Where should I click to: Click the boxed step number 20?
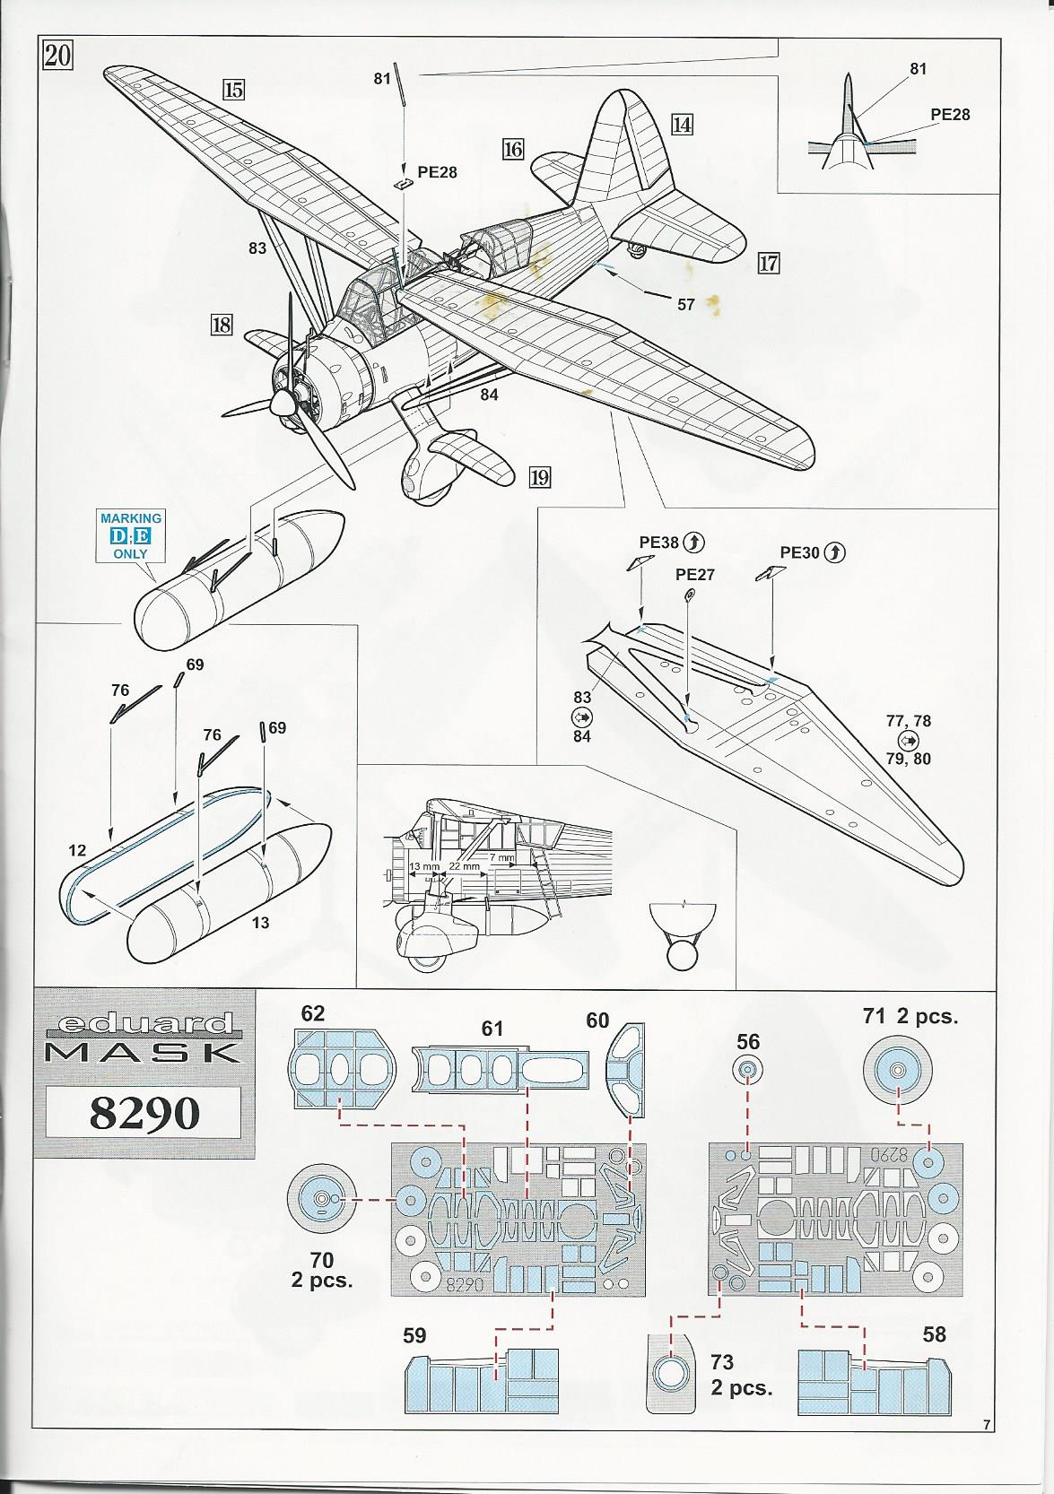57,56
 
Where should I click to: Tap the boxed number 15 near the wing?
234,90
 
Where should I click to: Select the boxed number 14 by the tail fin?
682,125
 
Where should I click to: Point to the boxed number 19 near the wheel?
539,476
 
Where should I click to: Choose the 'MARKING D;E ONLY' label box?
131,535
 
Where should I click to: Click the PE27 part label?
695,575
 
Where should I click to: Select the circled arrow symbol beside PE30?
834,552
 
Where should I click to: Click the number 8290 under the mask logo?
144,1112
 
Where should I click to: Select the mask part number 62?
313,1014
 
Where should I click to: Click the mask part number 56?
748,1041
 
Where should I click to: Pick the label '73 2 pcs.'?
741,1374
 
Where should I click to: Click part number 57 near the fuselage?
686,305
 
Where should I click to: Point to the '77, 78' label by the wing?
908,721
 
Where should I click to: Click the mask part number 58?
934,1334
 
